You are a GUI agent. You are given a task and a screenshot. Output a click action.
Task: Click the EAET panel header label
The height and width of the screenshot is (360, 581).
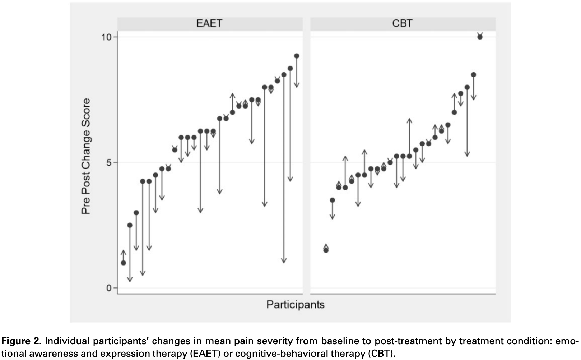(209, 24)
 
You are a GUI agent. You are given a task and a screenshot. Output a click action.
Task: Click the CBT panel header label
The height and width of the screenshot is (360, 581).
(402, 24)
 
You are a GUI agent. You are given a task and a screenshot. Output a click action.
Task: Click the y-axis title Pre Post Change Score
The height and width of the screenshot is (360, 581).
(86, 156)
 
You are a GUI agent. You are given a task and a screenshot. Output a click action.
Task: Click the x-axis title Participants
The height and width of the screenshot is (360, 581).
(295, 305)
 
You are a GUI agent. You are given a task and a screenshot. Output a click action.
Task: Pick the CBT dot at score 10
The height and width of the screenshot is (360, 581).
(480, 37)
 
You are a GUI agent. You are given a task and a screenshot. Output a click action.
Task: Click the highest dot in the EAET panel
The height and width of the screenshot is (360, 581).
(297, 56)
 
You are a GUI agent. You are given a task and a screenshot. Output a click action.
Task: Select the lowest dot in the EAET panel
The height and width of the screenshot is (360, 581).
(124, 263)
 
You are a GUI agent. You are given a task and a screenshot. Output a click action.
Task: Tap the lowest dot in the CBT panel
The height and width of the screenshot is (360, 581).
(326, 250)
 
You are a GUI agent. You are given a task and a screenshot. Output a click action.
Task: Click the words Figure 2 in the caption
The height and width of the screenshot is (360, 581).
(21, 341)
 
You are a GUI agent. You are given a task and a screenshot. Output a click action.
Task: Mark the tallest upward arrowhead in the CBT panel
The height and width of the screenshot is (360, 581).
(409, 120)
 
